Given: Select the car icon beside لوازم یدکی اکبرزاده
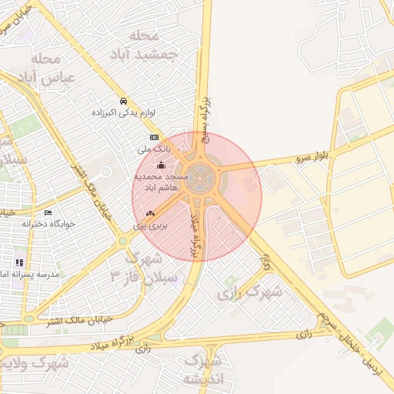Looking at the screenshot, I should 123,101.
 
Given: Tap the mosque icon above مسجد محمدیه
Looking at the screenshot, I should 160,165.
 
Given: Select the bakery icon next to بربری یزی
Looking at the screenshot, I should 150,214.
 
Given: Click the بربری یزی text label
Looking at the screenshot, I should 149,225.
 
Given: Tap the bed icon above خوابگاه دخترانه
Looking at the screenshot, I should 48,213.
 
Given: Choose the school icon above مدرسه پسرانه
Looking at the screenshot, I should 18,262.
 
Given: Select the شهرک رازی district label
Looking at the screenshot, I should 249,292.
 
